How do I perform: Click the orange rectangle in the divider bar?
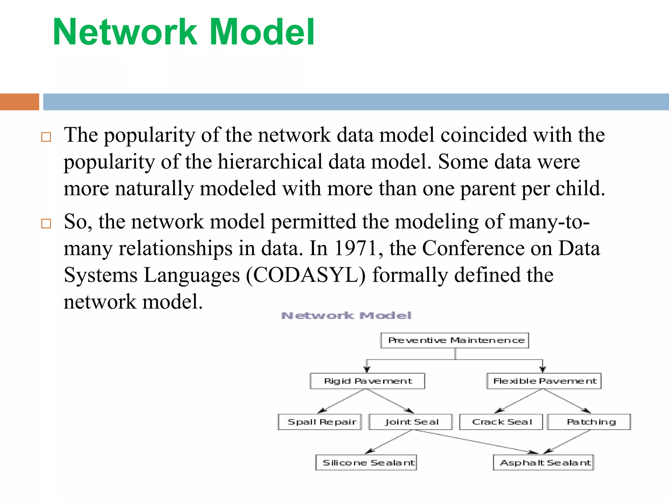[19, 102]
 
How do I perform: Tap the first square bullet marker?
[46, 137]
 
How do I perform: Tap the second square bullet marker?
[46, 224]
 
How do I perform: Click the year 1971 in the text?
[359, 249]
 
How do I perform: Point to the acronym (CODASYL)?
[306, 275]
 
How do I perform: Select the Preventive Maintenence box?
[455, 341]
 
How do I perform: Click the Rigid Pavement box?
[367, 381]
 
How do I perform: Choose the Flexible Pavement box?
[544, 381]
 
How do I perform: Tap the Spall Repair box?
[320, 422]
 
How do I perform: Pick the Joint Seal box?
[411, 422]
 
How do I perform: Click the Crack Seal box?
[501, 422]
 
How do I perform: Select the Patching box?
[589, 422]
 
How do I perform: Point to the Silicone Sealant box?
[366, 463]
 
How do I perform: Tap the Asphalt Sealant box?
[544, 463]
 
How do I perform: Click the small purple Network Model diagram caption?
[346, 316]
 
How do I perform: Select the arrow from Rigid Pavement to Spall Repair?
[342, 401]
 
